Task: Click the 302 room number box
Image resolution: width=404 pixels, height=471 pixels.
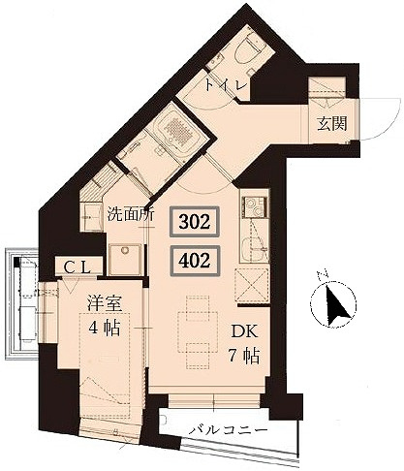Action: (195, 222)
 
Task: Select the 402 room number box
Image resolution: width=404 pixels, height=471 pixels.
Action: (195, 261)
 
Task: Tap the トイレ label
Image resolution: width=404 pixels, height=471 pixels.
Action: (226, 85)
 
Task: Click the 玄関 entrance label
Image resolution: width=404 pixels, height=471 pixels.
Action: (332, 123)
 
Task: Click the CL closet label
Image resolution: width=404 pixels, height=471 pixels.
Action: (77, 267)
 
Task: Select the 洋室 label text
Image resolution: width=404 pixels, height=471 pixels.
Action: (105, 303)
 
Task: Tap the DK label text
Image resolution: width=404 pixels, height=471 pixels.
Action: (244, 331)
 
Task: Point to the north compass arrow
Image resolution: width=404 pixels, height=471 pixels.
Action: (336, 304)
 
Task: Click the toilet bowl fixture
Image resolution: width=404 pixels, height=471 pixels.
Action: (249, 52)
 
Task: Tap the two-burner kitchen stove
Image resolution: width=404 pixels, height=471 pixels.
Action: (255, 206)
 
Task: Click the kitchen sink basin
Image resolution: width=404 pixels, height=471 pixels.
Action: (255, 248)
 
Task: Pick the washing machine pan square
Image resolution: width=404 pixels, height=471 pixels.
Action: (125, 260)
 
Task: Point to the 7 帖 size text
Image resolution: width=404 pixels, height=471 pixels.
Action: (244, 357)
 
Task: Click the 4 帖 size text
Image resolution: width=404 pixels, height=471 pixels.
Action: (104, 329)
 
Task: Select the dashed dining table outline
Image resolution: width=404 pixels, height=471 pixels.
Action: (198, 331)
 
